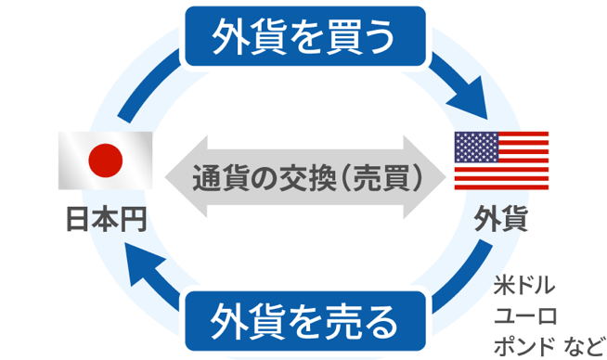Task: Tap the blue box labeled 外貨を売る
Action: tap(303, 321)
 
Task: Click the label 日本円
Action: tap(105, 218)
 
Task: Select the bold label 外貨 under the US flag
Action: tap(501, 220)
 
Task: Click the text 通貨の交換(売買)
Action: tap(303, 176)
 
